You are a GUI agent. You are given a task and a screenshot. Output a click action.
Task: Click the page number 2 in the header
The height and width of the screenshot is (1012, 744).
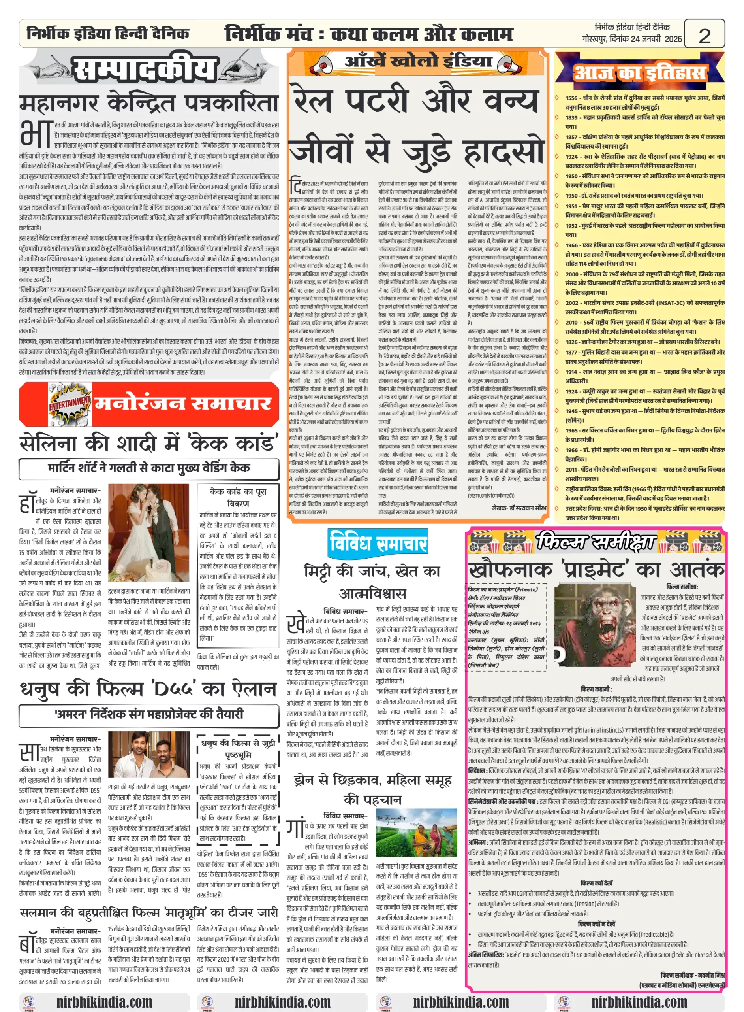(704, 35)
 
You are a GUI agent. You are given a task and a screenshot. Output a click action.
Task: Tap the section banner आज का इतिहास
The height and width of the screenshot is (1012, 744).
(639, 72)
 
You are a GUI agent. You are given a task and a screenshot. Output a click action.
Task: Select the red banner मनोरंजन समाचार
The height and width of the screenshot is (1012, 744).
(182, 402)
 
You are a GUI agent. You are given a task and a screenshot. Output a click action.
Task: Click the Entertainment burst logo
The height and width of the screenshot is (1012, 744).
(70, 402)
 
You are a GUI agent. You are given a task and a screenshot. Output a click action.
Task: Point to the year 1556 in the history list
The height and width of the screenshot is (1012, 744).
(571, 98)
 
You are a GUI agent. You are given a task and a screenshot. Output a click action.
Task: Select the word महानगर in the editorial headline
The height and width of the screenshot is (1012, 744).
(58, 103)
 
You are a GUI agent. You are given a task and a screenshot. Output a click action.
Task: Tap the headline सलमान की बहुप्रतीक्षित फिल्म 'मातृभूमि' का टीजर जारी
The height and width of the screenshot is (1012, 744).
(148, 912)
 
